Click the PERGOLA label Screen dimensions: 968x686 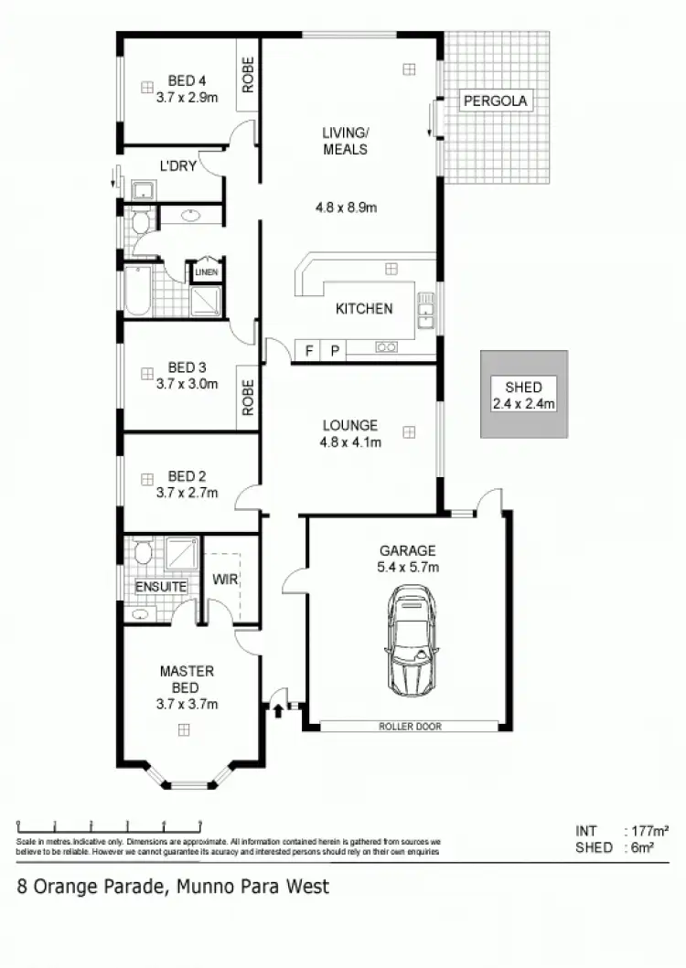click(495, 101)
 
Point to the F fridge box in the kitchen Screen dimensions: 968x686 click(308, 349)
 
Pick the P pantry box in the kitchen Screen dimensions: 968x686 click(333, 349)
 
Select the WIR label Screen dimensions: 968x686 click(225, 580)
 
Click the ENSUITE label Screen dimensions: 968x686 click(161, 586)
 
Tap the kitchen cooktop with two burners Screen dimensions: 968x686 click(386, 346)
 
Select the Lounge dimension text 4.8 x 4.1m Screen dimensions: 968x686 click(351, 442)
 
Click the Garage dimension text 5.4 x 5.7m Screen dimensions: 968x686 click(408, 568)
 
